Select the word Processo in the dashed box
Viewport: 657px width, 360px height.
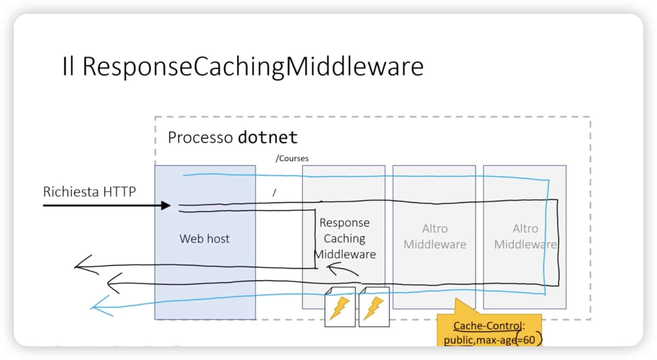pyautogui.click(x=200, y=137)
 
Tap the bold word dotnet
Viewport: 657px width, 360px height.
pyautogui.click(x=267, y=137)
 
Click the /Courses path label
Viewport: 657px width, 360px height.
pyautogui.click(x=292, y=159)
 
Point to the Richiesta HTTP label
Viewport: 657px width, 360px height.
pyautogui.click(x=89, y=192)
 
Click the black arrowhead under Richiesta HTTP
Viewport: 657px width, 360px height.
pyautogui.click(x=166, y=205)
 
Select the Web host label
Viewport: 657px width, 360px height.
pyautogui.click(x=204, y=239)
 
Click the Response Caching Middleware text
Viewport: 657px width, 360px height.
pyautogui.click(x=345, y=238)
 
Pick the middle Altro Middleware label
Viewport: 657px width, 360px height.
pyautogui.click(x=434, y=236)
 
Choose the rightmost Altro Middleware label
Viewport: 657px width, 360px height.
pyautogui.click(x=525, y=236)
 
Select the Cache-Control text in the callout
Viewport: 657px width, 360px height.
pyautogui.click(x=487, y=326)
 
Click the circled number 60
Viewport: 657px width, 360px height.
pyautogui.click(x=528, y=340)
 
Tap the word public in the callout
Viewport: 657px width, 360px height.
pyautogui.click(x=458, y=340)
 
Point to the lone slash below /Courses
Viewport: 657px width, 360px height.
pyautogui.click(x=274, y=193)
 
